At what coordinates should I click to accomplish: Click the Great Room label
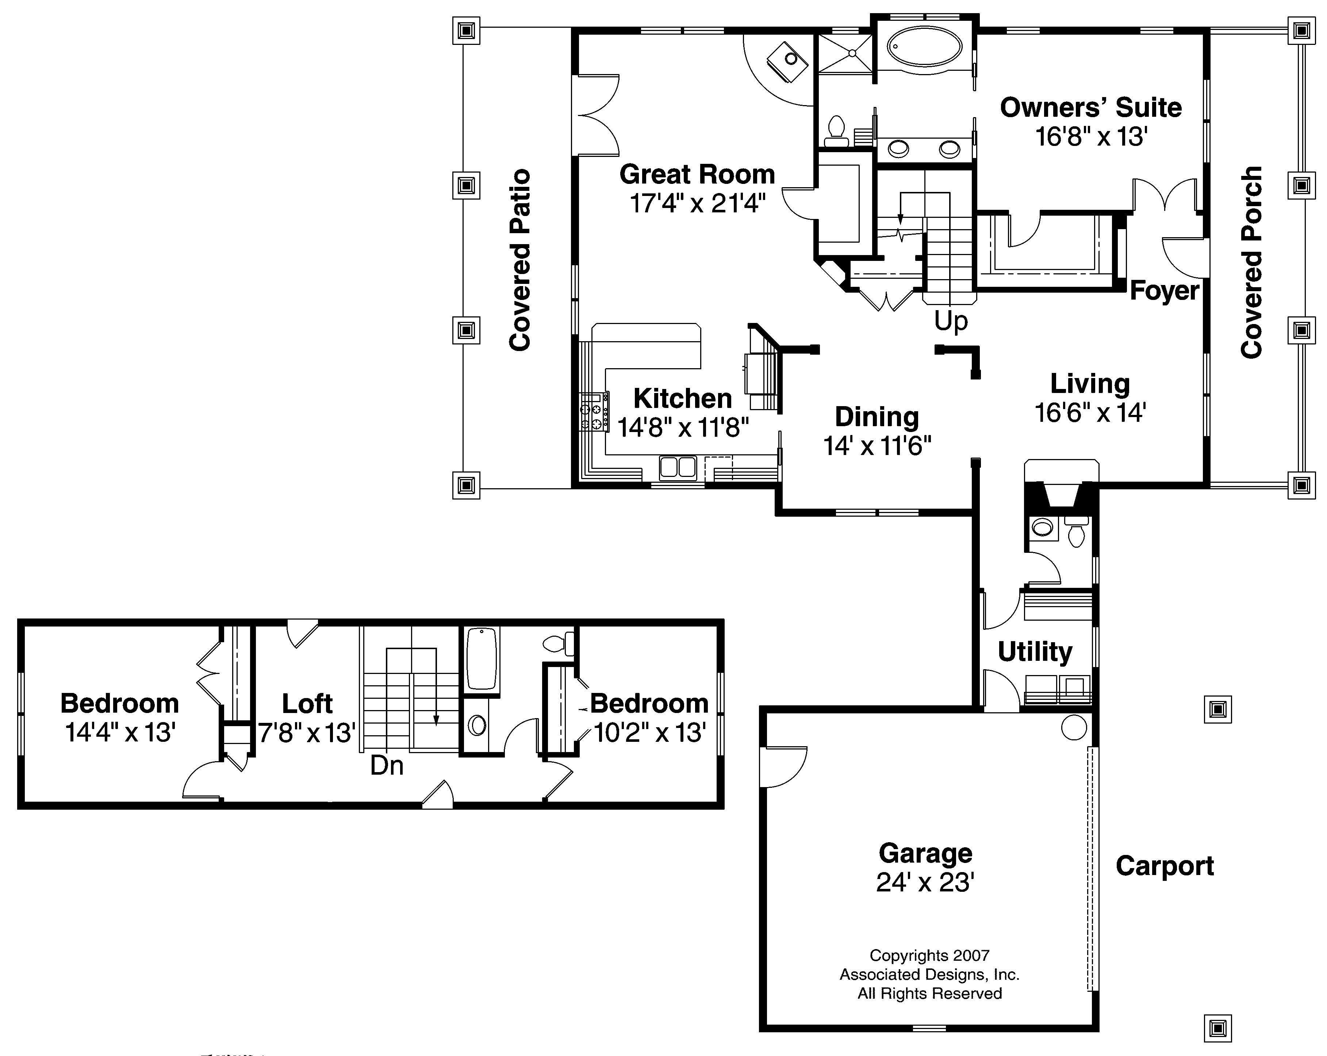(697, 175)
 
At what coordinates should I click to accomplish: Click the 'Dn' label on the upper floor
(387, 766)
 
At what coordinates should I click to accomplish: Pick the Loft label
(307, 704)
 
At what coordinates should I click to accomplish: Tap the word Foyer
(1165, 290)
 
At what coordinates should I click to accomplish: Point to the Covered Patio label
(520, 260)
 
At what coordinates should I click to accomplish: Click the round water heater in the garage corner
(1074, 727)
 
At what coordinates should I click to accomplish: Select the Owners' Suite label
(1091, 108)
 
